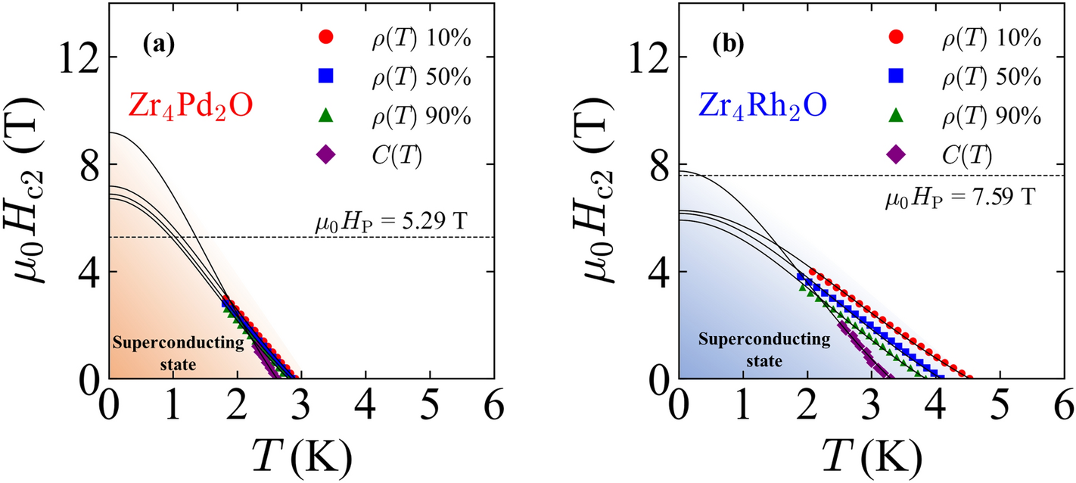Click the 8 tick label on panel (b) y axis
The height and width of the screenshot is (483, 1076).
pyautogui.click(x=657, y=165)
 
